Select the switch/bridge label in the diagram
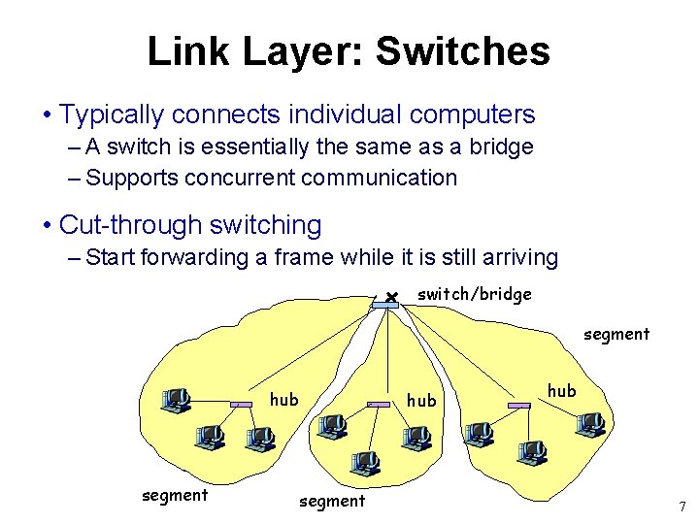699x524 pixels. (474, 294)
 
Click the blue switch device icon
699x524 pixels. (384, 304)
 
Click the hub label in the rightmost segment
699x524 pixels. (561, 390)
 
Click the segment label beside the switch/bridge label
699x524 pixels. (616, 334)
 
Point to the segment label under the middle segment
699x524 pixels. (332, 501)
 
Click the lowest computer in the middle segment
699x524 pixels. (364, 464)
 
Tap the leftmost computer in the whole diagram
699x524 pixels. (176, 399)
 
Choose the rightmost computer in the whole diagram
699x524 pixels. (588, 424)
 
